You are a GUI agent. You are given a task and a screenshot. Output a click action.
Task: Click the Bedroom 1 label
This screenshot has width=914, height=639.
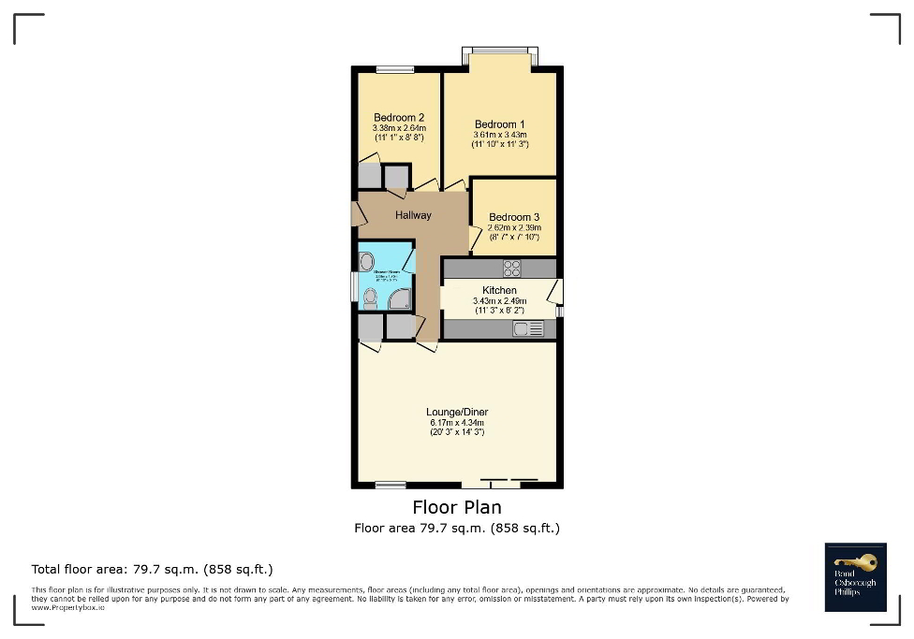(499, 124)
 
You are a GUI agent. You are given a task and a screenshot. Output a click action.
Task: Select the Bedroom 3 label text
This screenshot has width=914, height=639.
(513, 217)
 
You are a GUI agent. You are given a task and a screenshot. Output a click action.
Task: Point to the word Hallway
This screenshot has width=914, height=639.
(413, 215)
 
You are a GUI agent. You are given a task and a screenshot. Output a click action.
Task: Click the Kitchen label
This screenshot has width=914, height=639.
(499, 290)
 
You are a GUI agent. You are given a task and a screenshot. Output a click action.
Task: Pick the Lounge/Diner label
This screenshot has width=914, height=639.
(457, 412)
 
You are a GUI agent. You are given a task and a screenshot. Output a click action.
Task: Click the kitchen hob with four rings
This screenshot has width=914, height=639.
(512, 269)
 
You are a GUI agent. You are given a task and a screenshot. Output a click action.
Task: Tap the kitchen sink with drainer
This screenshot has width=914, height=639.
(528, 328)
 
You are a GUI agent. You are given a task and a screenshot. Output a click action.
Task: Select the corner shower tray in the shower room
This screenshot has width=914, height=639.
(401, 298)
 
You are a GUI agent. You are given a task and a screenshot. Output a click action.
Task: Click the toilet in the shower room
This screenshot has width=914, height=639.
(370, 298)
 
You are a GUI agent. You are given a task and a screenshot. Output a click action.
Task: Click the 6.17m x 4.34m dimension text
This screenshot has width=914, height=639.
(457, 423)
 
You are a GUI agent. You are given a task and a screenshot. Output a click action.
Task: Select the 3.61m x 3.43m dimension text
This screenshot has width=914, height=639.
(500, 135)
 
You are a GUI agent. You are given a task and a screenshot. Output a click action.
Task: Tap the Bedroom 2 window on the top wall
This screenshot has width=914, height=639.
(395, 69)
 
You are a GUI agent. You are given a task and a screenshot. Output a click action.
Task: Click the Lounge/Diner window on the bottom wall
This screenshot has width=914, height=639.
(391, 485)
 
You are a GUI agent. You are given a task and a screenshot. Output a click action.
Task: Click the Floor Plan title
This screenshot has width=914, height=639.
(457, 507)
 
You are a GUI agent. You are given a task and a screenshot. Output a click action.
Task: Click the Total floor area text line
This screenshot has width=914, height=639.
(152, 569)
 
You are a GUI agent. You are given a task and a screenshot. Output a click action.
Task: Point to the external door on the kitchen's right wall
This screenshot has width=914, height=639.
(556, 293)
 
